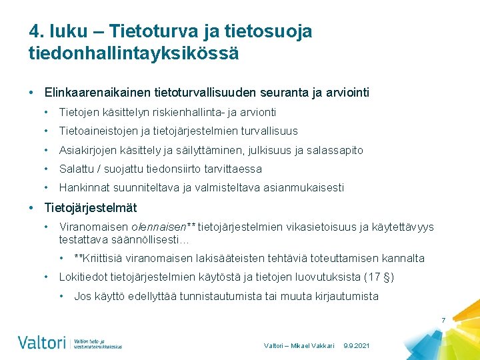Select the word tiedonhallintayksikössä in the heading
click(133, 53)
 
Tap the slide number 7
click(443, 321)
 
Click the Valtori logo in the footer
click(41, 343)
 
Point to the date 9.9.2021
click(357, 346)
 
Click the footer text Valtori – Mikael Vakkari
click(299, 346)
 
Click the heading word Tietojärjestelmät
click(91, 207)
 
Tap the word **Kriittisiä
click(103, 258)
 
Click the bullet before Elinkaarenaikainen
click(32, 92)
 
